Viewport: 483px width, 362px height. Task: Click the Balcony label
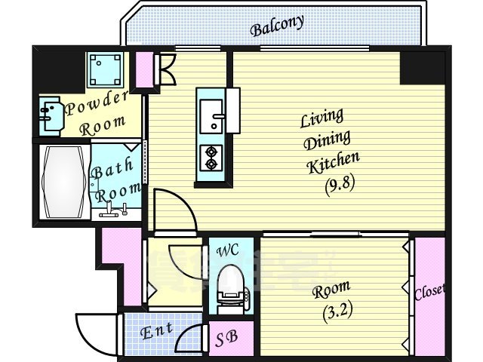point(278,26)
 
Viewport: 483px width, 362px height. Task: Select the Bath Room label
point(115,179)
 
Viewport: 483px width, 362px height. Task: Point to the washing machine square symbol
point(106,70)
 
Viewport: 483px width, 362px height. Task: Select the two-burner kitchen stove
point(210,156)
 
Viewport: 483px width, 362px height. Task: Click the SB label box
point(225,337)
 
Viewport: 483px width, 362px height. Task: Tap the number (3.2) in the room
point(329,309)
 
